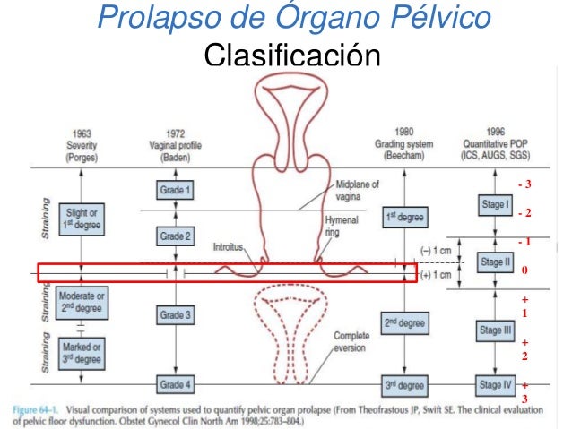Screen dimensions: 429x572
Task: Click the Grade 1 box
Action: pyautogui.click(x=176, y=190)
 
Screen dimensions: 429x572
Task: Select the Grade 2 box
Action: pyautogui.click(x=176, y=237)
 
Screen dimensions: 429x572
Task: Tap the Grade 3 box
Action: pyautogui.click(x=176, y=314)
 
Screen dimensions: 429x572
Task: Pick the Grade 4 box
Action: pyautogui.click(x=176, y=386)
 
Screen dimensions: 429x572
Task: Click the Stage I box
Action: pyautogui.click(x=494, y=204)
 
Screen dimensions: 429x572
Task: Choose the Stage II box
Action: pyautogui.click(x=494, y=262)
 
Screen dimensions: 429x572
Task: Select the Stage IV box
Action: pyautogui.click(x=494, y=386)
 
